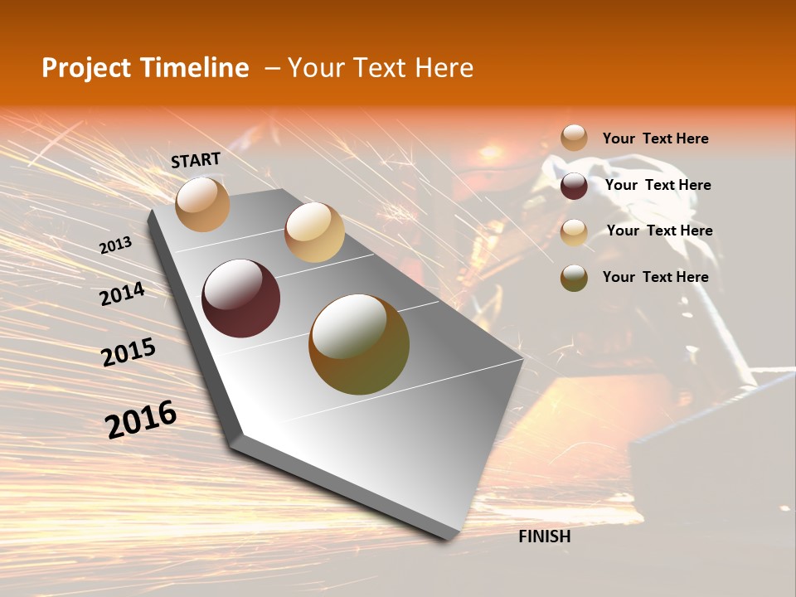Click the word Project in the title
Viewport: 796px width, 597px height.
(x=85, y=68)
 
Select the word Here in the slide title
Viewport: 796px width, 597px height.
(x=444, y=68)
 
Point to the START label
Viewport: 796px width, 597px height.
(x=196, y=160)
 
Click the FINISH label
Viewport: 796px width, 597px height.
(x=545, y=536)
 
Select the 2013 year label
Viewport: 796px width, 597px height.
(x=115, y=245)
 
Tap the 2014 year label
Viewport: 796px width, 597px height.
(x=122, y=294)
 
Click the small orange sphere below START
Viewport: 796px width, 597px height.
(x=202, y=204)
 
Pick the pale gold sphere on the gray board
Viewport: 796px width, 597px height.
(x=314, y=232)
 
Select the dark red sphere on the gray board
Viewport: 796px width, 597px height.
(x=241, y=298)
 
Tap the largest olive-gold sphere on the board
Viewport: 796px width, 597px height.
(x=359, y=344)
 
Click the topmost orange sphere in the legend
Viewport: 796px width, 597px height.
(x=574, y=138)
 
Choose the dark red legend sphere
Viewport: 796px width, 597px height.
(x=574, y=186)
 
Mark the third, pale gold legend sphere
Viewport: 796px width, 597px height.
(x=574, y=232)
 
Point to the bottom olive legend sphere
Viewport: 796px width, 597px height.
(x=574, y=278)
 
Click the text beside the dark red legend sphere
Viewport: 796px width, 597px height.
(x=658, y=185)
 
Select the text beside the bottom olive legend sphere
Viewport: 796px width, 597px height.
(x=656, y=277)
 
